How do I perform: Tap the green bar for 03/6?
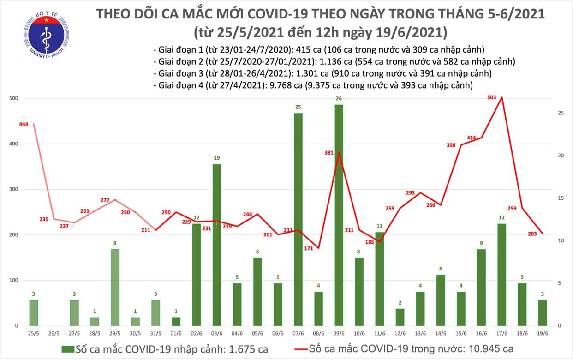pos(216,245)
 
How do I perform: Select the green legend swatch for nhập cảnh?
pos(68,348)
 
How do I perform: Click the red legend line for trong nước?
pos(290,348)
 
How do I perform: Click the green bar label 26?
pos(339,98)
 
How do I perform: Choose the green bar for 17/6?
pos(501,275)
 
